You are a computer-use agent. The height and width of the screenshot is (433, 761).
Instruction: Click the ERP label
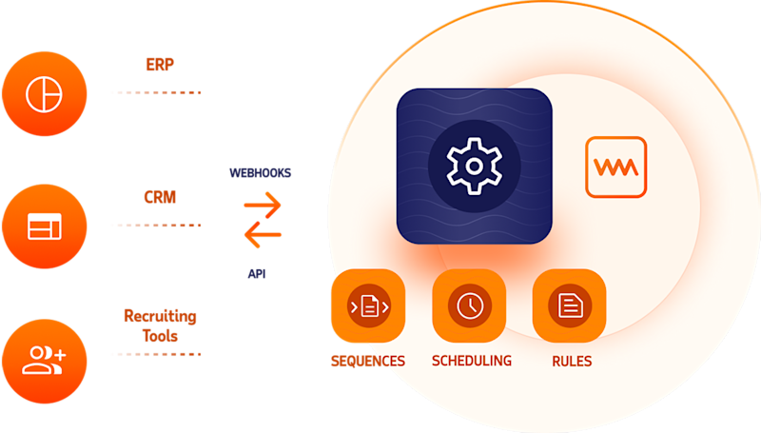pos(160,65)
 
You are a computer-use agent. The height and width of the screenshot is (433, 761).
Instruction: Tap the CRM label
pos(160,197)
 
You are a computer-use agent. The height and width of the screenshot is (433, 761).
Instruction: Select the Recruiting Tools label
pos(160,325)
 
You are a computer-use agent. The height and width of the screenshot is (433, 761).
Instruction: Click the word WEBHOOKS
pos(260,173)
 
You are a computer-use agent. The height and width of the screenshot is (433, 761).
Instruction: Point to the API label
pos(257,274)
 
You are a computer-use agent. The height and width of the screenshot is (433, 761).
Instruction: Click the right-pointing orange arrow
pos(263,205)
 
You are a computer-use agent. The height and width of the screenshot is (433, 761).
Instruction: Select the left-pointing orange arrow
pos(263,234)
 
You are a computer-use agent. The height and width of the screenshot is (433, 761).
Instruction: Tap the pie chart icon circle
pos(44,93)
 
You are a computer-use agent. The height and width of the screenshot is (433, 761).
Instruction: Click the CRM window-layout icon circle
pos(44,226)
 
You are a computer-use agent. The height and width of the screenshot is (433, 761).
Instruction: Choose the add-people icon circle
pos(44,362)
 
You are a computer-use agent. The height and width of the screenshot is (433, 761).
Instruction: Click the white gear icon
pos(474,166)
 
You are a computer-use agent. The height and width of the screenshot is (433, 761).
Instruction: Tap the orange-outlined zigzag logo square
pos(615,167)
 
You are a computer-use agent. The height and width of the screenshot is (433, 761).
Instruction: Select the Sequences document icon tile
pos(368,305)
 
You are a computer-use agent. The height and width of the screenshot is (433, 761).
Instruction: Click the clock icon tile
pos(469,305)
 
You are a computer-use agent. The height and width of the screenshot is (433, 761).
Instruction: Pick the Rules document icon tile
pos(570,305)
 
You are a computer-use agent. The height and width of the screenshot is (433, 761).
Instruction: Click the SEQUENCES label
pos(368,362)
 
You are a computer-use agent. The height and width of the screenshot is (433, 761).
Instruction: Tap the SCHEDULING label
pos(472,361)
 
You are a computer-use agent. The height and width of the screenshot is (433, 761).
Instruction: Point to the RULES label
pos(572,362)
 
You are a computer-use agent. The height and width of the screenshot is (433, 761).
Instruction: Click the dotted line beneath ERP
pos(157,92)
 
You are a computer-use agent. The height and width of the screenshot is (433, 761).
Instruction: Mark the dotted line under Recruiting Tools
pos(157,354)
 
